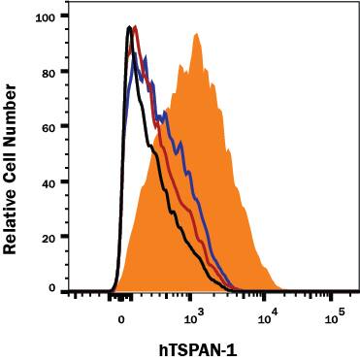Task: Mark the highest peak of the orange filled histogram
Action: (197, 34)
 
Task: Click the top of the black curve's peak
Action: (129, 27)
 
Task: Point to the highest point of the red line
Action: (135, 26)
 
